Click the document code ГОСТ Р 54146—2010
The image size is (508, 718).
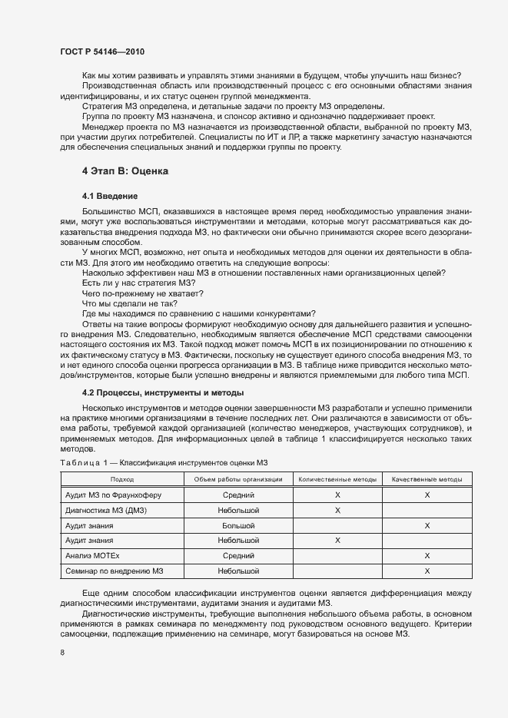point(101,51)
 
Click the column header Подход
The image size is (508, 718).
point(121,479)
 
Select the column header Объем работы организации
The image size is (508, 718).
point(238,479)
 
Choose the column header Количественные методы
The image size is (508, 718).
point(337,479)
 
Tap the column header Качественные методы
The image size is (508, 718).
point(427,479)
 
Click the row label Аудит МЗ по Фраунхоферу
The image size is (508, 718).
point(113,495)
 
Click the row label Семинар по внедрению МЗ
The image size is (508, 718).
point(115,571)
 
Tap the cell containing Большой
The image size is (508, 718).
point(238,526)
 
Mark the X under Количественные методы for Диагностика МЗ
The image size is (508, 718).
point(337,511)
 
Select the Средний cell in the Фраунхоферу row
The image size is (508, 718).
point(238,495)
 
